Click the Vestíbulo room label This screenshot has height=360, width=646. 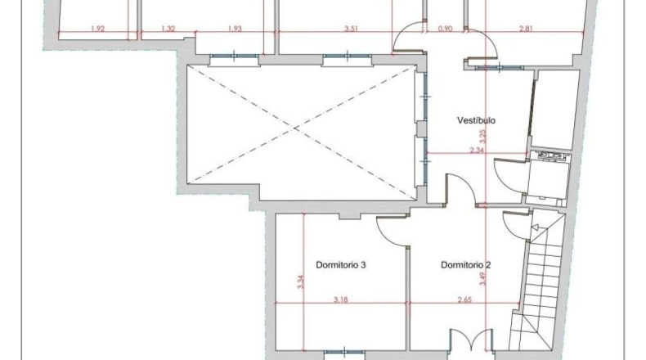[x=476, y=120]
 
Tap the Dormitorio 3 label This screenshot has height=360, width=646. [x=341, y=265]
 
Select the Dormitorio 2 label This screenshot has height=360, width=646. [x=465, y=265]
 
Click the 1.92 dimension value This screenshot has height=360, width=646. [x=97, y=29]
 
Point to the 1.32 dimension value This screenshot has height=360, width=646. [x=168, y=29]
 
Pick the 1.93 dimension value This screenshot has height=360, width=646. [x=235, y=29]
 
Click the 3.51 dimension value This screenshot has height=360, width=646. [x=351, y=29]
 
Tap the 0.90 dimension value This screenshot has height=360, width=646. [x=445, y=29]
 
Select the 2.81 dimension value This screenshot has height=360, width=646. [x=526, y=29]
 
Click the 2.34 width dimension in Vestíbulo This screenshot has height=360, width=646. [x=477, y=150]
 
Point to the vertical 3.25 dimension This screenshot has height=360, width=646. [x=483, y=137]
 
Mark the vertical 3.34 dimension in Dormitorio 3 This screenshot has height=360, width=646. [x=300, y=281]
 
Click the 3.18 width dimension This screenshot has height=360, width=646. [x=341, y=299]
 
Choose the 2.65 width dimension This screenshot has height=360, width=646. [x=464, y=299]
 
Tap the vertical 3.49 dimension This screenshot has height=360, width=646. [x=483, y=278]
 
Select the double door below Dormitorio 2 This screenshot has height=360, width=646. [x=471, y=340]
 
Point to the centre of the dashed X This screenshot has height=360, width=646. [x=295, y=129]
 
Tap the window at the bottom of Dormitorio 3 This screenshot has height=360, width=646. [x=344, y=353]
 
